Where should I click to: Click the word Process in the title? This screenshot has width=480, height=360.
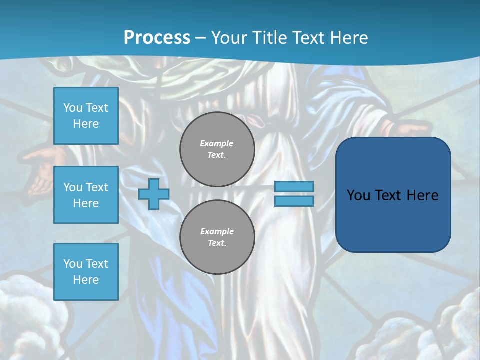pos(157,38)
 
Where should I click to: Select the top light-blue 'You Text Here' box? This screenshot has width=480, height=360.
pos(86,116)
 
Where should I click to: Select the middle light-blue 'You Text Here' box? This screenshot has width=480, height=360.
pos(86,195)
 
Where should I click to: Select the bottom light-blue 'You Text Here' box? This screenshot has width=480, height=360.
pos(86,271)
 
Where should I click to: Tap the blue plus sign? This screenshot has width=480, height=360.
pos(154,194)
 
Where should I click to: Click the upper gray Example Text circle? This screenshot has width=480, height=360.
pos(217,149)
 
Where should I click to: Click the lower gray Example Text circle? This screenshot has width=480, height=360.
pos(217,237)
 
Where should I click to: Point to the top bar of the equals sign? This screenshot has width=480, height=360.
pos(294,186)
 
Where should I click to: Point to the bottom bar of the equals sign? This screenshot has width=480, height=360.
pos(294,201)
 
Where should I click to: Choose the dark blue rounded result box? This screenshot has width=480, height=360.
pos(393,220)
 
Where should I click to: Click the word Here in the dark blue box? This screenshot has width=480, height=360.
pos(422,195)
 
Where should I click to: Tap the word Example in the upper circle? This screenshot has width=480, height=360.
pos(217,143)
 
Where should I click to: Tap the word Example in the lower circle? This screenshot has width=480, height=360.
pos(217,231)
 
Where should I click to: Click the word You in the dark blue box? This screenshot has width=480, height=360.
pos(358,195)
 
